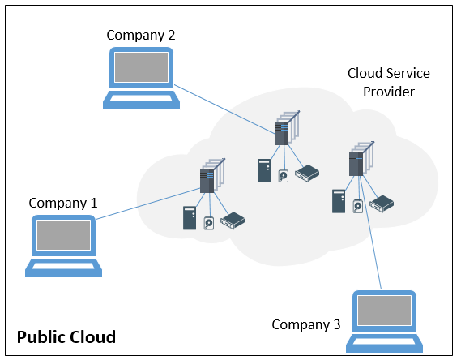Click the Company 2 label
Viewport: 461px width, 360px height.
pos(141,36)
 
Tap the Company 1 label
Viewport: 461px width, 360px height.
pos(63,203)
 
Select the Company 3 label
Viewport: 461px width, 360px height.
pos(306,324)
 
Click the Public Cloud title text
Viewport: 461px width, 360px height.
pos(66,337)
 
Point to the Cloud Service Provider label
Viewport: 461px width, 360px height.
pos(389,83)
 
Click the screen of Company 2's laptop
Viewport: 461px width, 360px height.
pos(142,67)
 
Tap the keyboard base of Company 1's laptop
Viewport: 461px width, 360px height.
pos(63,268)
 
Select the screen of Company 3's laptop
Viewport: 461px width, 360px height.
pos(384,311)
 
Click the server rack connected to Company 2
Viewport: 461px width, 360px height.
pos(287,128)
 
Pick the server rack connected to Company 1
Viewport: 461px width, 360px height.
pos(212,176)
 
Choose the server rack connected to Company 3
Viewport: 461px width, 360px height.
pos(361,159)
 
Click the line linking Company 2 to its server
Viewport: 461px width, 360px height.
pos(224,109)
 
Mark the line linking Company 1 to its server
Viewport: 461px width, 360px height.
pos(148,204)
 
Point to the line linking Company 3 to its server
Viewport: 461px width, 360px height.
pos(370,233)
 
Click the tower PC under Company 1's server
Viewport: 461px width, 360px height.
pos(190,218)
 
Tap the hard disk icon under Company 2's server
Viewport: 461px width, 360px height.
pos(284,176)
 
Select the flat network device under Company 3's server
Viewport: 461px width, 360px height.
pos(382,204)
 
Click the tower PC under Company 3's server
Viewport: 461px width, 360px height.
pos(339,201)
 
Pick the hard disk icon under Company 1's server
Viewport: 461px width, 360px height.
pos(209,223)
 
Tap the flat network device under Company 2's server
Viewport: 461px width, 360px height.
pos(307,174)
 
